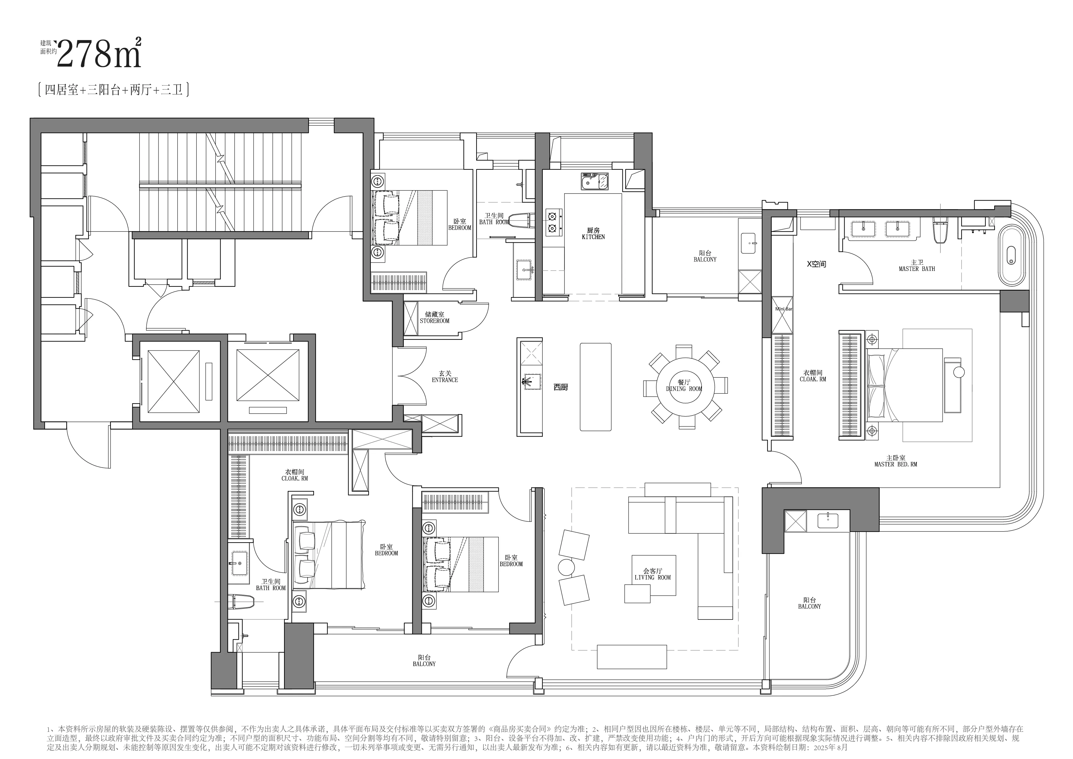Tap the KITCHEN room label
(593, 237)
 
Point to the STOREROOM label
(434, 321)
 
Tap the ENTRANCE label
(445, 380)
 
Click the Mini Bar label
(783, 309)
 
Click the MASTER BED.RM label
(895, 465)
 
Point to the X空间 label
(816, 264)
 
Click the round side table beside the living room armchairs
(566, 567)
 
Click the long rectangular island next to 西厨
(595, 387)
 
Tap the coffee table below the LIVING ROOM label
(637, 594)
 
